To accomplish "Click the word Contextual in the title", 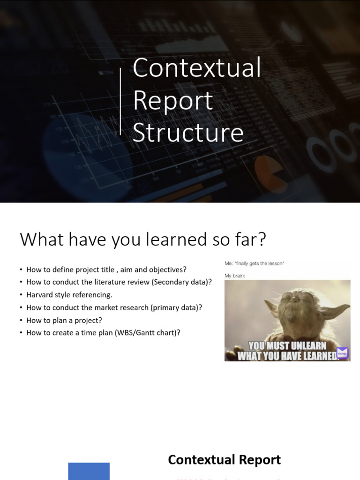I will coord(196,68).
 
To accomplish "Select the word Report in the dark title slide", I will coord(172,101).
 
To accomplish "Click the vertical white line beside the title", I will coord(120,101).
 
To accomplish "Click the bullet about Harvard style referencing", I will coord(69,295).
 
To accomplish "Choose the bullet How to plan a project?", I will coord(64,320).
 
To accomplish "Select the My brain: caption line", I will coord(235,276).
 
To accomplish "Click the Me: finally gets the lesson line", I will coord(254,263).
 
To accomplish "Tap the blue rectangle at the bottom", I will coord(89,471).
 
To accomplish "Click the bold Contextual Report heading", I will coord(224,460).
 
